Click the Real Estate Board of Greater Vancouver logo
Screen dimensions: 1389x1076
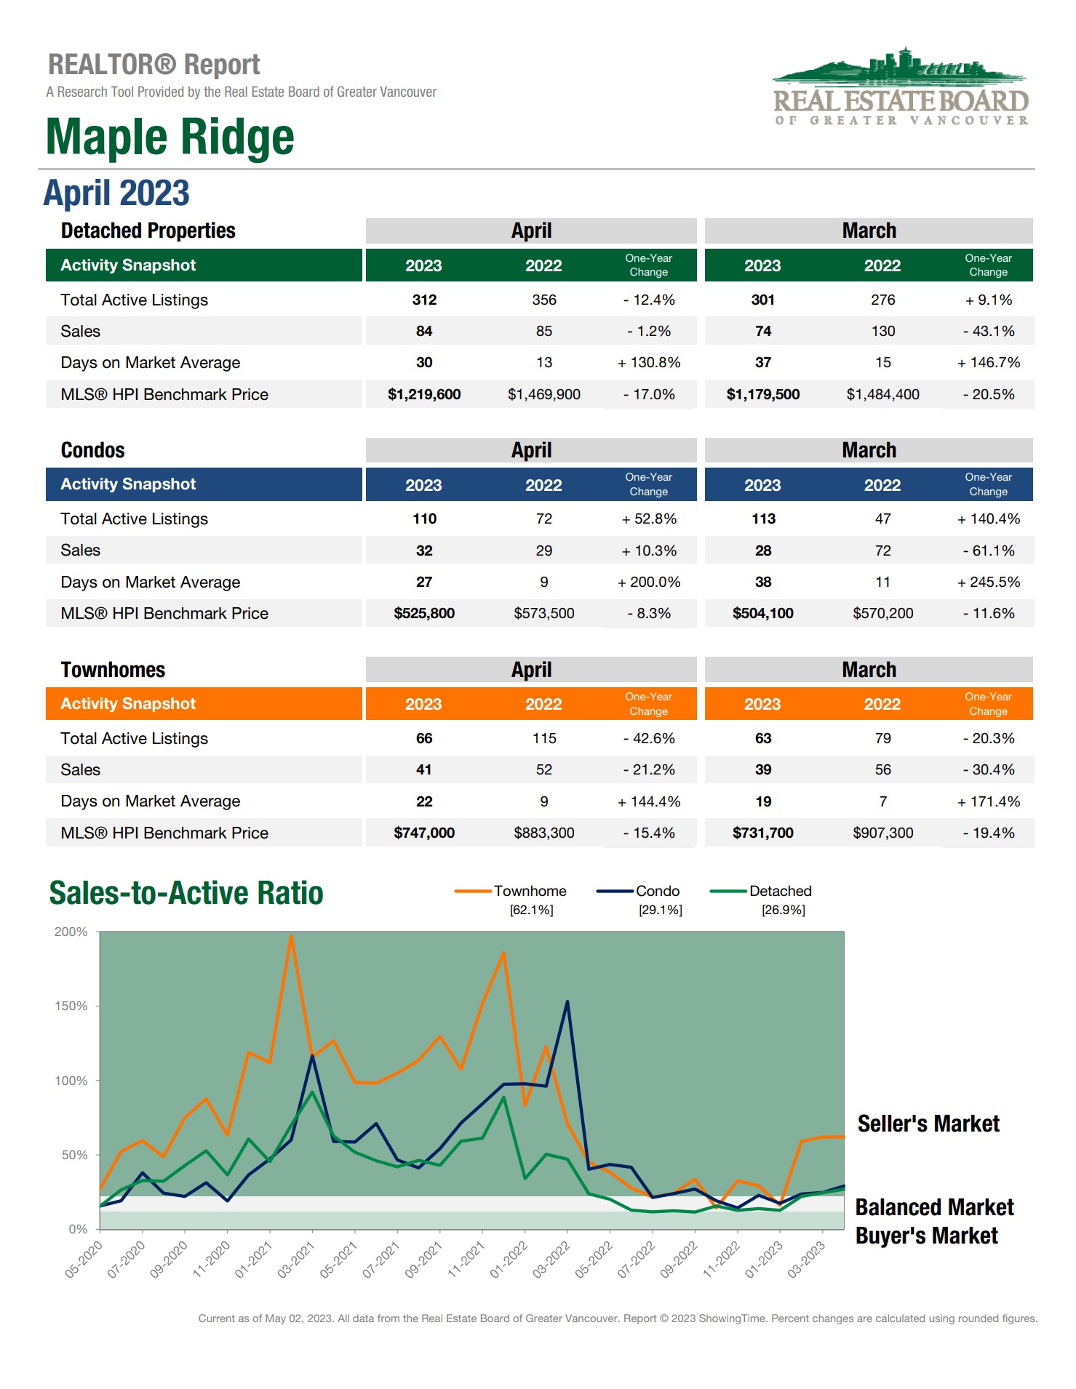point(901,87)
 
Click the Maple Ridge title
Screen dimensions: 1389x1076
point(170,137)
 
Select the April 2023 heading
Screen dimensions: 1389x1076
point(116,193)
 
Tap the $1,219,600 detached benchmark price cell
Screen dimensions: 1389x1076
point(423,394)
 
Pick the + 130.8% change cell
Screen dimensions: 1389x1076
point(648,362)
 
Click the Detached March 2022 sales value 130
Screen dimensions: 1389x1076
point(882,331)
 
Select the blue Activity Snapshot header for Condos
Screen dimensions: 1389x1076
point(204,484)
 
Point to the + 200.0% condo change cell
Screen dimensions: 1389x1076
point(648,582)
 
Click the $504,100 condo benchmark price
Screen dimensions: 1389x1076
point(762,613)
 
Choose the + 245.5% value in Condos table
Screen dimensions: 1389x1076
point(988,582)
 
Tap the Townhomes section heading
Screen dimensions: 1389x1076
point(113,670)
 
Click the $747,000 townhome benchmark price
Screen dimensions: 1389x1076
point(423,833)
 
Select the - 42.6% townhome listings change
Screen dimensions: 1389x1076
point(648,738)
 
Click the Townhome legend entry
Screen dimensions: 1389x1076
point(529,891)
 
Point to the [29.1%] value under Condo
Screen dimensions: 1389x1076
point(660,910)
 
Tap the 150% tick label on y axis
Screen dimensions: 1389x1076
point(71,1006)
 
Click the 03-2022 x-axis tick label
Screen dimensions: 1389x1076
point(551,1260)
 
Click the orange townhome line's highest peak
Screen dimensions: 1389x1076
point(291,937)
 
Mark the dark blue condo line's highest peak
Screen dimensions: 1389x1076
point(567,1002)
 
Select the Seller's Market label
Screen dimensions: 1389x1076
point(928,1124)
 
